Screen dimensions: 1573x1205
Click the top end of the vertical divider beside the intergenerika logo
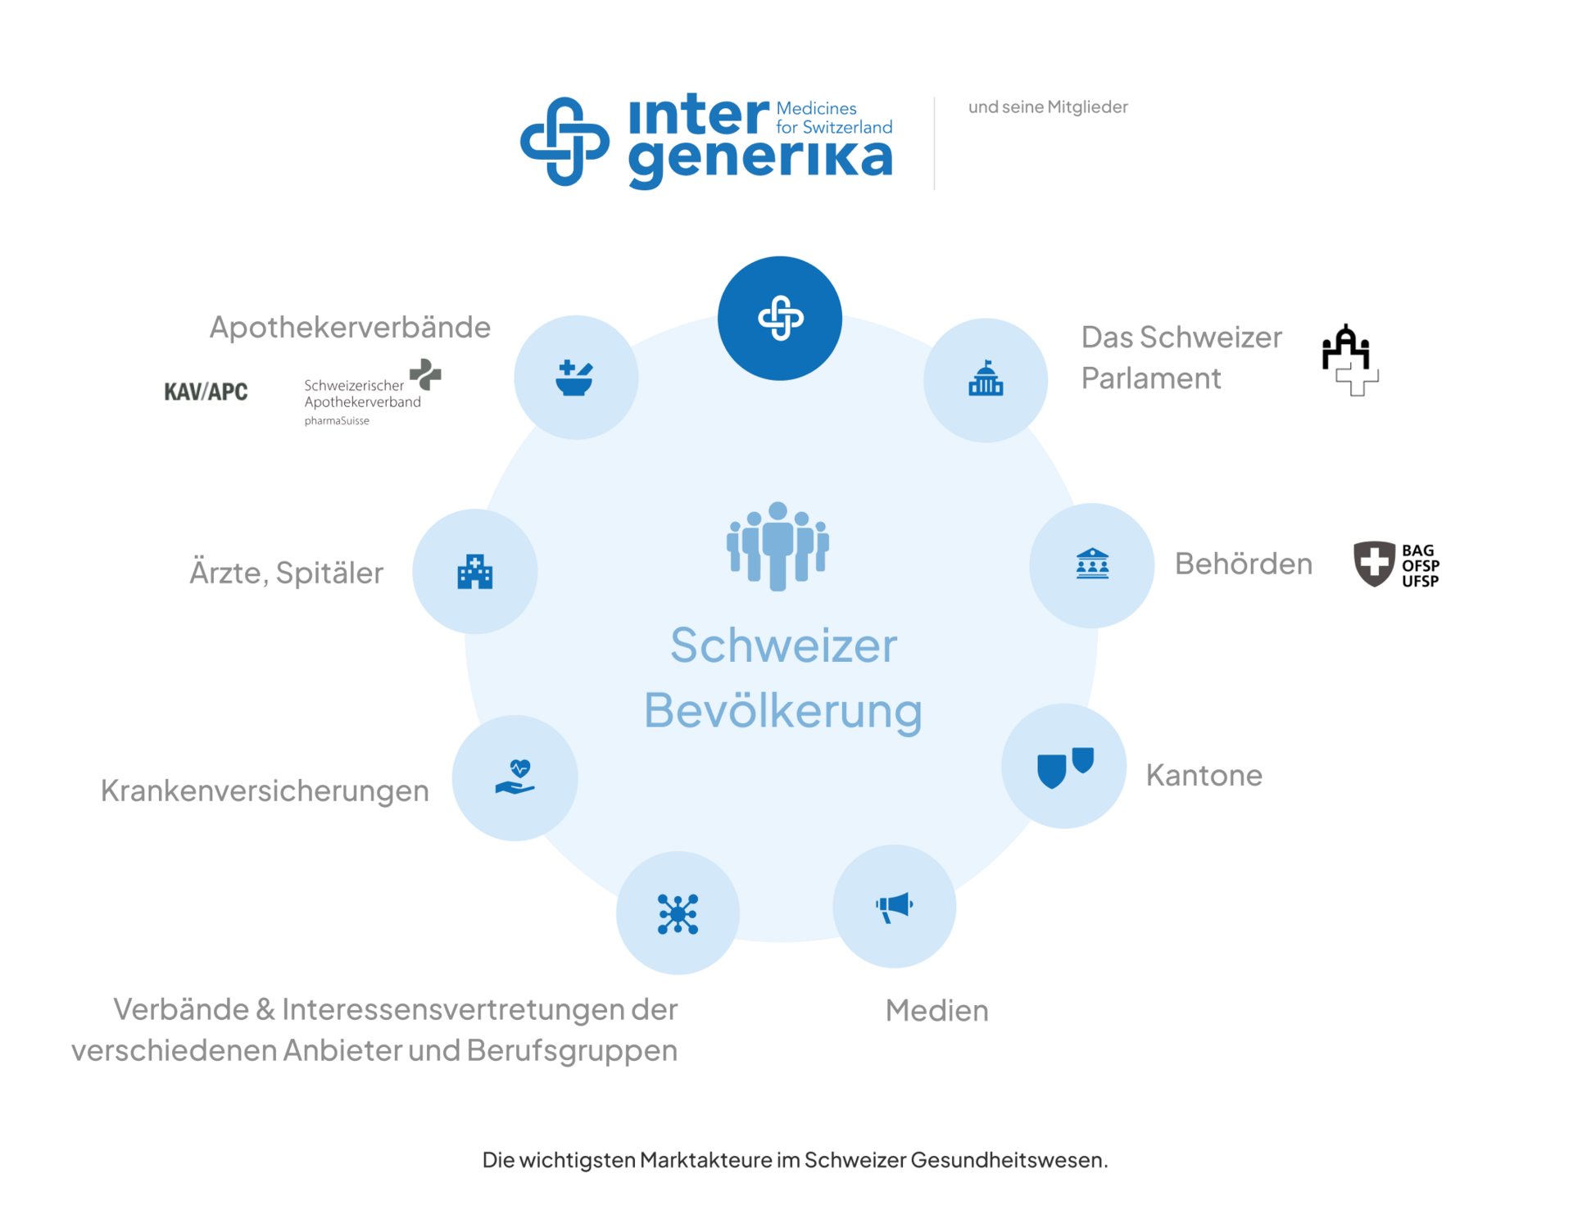coord(934,97)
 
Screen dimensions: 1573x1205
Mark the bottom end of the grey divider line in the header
coord(934,189)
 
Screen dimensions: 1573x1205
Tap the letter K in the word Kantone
coord(1155,775)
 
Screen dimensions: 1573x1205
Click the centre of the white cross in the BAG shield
coord(1374,562)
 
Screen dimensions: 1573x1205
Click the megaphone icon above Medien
coord(894,906)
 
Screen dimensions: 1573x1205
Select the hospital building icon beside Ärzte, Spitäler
coord(475,571)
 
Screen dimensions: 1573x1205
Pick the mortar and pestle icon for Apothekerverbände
coord(574,378)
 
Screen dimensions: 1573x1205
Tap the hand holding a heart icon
coord(515,777)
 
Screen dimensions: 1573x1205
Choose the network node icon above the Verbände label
coord(678,913)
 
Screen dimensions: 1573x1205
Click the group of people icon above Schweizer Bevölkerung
coord(777,546)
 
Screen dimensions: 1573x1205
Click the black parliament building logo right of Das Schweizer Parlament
coord(1350,360)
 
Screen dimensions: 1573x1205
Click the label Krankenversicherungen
coord(265,790)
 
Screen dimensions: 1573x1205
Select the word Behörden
coord(1244,564)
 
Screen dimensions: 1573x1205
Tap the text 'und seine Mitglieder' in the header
coord(1048,106)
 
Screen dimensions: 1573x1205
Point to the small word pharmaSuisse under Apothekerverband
coord(337,421)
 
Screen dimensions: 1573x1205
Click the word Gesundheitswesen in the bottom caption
coord(1009,1160)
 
